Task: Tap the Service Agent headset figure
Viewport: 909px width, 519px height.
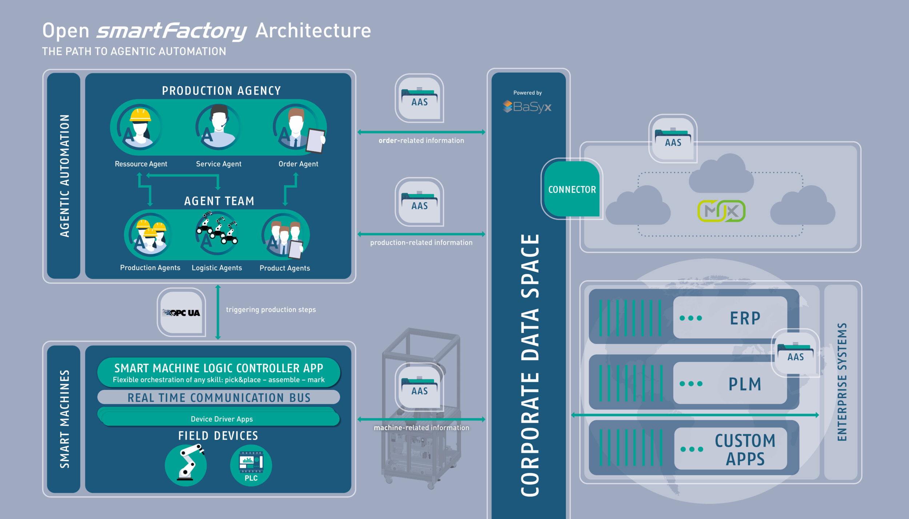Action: pyautogui.click(x=219, y=127)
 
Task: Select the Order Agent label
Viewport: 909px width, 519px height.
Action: pyautogui.click(x=298, y=164)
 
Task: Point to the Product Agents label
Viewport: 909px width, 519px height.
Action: pyautogui.click(x=285, y=268)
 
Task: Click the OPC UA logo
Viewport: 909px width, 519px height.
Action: pyautogui.click(x=181, y=313)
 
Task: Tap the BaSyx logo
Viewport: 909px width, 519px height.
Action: pyautogui.click(x=527, y=106)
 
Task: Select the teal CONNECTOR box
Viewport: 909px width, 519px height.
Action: pyautogui.click(x=572, y=189)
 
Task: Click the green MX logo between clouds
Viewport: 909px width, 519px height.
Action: pyautogui.click(x=721, y=211)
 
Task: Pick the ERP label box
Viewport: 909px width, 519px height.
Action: pyautogui.click(x=730, y=318)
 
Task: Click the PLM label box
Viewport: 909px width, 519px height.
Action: pyautogui.click(x=730, y=384)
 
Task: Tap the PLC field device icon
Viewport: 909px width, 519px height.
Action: pyautogui.click(x=251, y=466)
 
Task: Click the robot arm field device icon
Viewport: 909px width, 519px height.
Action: pyautogui.click(x=186, y=465)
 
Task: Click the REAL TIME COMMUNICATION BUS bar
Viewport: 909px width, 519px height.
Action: pyautogui.click(x=219, y=397)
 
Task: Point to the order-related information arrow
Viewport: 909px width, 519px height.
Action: pyautogui.click(x=421, y=132)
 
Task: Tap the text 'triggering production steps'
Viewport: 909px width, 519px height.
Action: pyautogui.click(x=271, y=310)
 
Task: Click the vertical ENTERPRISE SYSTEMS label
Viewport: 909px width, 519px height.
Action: pyautogui.click(x=842, y=382)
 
